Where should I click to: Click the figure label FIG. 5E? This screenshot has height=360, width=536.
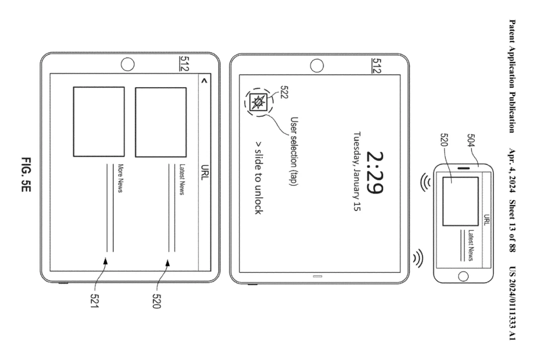point(26,175)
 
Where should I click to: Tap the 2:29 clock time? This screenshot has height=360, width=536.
point(375,173)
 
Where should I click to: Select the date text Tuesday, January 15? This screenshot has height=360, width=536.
point(357,172)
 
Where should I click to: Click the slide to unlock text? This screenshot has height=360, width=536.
point(259,178)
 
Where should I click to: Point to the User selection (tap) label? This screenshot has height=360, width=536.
point(294,151)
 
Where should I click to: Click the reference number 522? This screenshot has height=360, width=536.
point(284,92)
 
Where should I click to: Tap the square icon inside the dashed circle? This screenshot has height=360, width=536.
point(259,102)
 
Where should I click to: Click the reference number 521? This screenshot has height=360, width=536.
point(94,300)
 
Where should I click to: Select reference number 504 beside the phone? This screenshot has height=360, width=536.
point(470,141)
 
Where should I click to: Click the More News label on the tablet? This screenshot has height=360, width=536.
point(120,179)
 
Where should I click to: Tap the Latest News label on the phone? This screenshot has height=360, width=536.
point(471,245)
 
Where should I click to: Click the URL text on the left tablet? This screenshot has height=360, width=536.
point(205,173)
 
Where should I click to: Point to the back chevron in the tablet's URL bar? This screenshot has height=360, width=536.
point(204,81)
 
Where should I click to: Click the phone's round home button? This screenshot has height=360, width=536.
point(463,276)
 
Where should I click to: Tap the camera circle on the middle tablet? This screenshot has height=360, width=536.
point(317,65)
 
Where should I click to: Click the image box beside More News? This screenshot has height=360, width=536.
point(99,121)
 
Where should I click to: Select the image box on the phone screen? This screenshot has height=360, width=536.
point(461,201)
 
